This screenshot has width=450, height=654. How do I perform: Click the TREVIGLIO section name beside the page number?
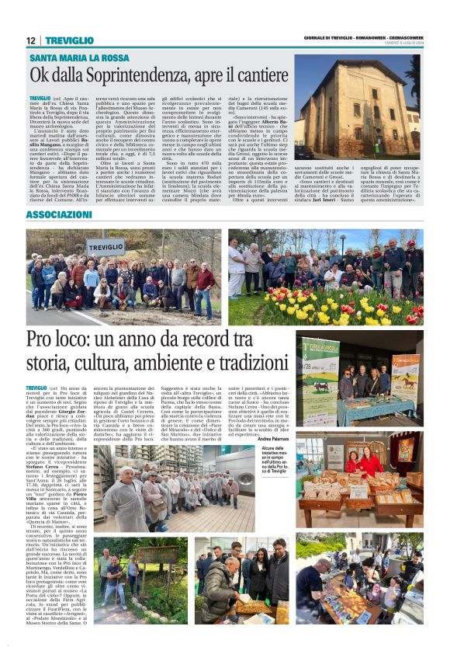(x=69, y=40)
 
